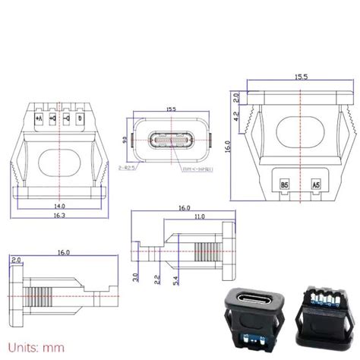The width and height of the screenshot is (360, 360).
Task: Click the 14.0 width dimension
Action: point(58,205)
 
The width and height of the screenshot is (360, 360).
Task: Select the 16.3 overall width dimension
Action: point(58,216)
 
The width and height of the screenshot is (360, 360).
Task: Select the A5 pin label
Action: point(317,185)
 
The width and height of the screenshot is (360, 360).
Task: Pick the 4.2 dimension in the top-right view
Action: point(236,116)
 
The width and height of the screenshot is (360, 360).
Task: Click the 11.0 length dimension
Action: point(198,216)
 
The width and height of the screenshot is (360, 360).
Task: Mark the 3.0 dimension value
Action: point(135,277)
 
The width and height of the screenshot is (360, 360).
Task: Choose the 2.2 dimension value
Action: point(157,280)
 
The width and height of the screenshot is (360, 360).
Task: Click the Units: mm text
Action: point(30,348)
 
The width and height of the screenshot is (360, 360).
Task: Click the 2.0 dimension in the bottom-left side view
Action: point(17,261)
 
